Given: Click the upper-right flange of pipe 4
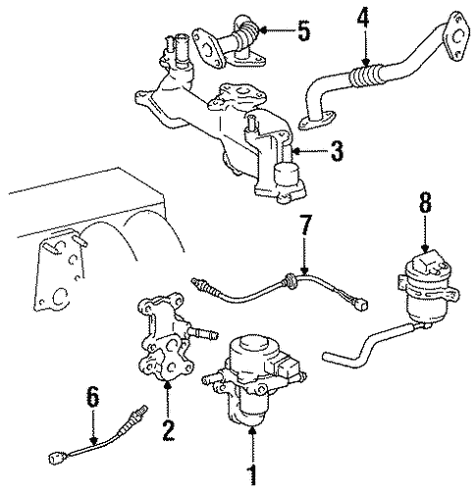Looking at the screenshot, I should [451, 30].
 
